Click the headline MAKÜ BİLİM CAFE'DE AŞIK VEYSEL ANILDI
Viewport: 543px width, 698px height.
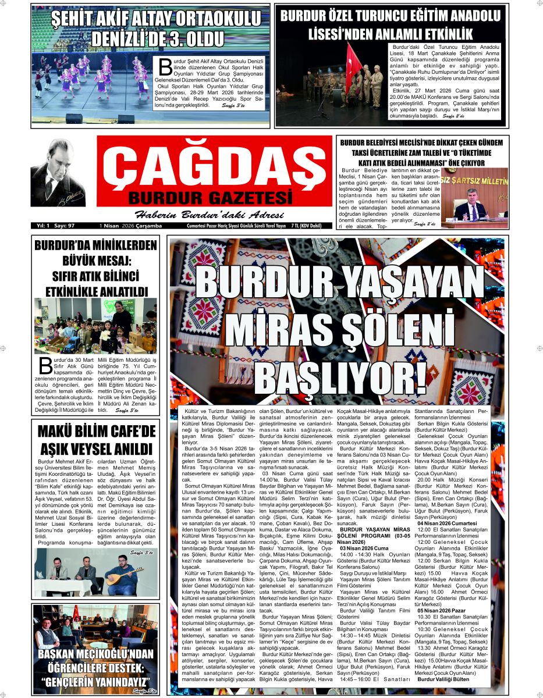click(97, 440)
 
